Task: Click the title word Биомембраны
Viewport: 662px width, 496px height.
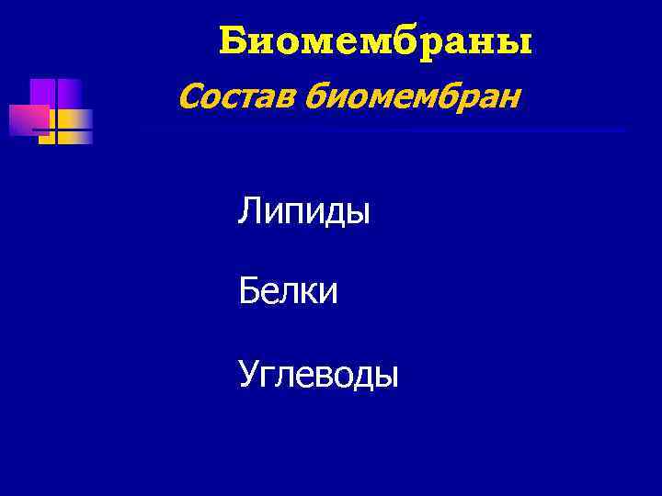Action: coord(376,41)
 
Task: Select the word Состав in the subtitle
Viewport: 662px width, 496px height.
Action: coord(234,93)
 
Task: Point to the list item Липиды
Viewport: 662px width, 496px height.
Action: coord(303,213)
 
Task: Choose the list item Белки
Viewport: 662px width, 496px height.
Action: coord(288,293)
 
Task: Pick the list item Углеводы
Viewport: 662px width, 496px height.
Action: coord(317,375)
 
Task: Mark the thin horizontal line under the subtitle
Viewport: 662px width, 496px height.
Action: coord(368,131)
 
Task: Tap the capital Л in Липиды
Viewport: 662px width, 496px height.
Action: coord(249,213)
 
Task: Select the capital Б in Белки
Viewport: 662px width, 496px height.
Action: coord(248,293)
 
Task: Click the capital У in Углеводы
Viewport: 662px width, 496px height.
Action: coord(247,374)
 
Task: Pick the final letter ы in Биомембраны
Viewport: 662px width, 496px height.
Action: coord(519,43)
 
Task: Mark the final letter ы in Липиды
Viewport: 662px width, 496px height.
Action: coord(359,215)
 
